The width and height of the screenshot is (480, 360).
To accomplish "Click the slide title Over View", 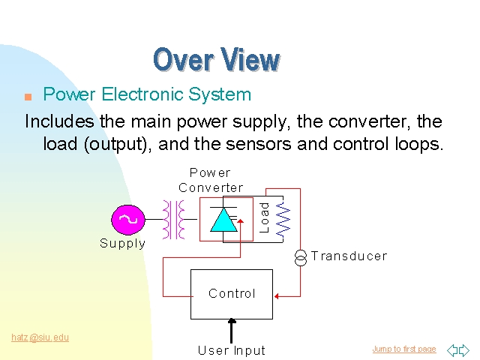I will [x=216, y=59].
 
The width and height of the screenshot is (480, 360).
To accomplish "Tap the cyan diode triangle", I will [x=223, y=219].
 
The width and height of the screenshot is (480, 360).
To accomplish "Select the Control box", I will [x=232, y=293].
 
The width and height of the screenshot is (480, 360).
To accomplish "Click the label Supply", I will [x=123, y=243].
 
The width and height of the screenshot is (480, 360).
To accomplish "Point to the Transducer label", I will [x=349, y=256].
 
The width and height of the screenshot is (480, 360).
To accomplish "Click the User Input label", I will [x=232, y=350].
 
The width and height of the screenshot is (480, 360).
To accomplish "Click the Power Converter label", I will [x=211, y=180].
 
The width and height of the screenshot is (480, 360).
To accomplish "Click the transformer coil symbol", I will [x=174, y=219].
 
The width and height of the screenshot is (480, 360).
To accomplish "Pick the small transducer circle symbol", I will [x=300, y=258].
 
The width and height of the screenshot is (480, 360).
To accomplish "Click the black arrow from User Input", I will [x=232, y=330].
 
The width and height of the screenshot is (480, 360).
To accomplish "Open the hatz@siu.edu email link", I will [x=40, y=337].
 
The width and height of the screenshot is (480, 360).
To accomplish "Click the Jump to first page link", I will [x=403, y=349].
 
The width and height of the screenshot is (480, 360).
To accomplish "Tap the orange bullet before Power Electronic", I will [x=28, y=97].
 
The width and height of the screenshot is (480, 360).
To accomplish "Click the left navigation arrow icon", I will [x=452, y=350].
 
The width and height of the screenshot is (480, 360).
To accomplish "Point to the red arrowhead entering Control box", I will [x=277, y=296].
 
